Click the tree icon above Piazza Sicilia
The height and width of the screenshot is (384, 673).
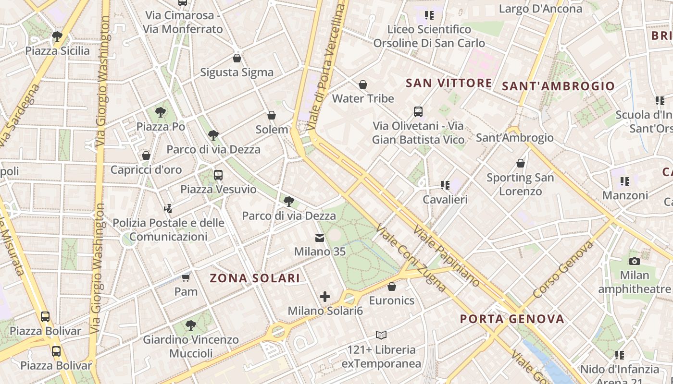[57, 36]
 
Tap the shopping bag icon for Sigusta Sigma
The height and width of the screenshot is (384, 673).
[237, 58]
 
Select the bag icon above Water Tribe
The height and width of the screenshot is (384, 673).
[363, 84]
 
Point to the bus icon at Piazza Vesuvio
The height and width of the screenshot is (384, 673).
[218, 175]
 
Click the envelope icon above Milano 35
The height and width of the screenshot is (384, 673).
[320, 238]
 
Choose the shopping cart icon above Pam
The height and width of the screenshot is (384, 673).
[186, 277]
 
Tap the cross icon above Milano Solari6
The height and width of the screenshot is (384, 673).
[325, 297]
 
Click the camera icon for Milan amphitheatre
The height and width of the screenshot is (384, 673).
[635, 261]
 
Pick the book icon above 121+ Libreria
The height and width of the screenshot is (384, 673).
[381, 335]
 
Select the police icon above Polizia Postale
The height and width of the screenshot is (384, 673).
[168, 209]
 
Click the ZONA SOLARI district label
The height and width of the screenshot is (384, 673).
[255, 278]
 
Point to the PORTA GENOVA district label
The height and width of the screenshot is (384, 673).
[512, 319]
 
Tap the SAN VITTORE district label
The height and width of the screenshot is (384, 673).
[449, 83]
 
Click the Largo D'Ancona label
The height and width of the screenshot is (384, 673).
[540, 9]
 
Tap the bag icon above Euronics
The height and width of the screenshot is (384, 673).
[392, 287]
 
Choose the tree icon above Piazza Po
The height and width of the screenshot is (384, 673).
[161, 112]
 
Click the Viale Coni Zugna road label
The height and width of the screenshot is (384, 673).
[411, 258]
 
